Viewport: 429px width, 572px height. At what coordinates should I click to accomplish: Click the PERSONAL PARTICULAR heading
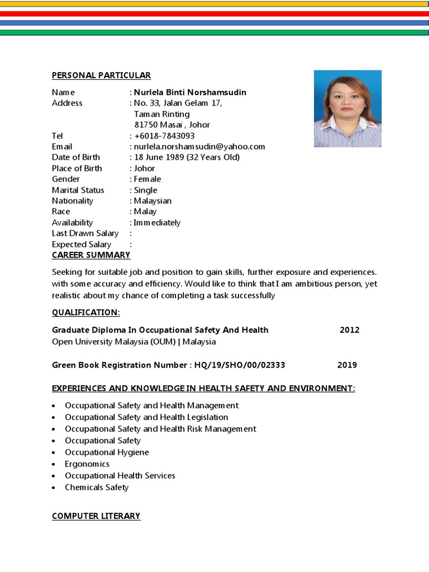tap(101, 75)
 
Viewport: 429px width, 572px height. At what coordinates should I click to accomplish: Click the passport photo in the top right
tap(347, 108)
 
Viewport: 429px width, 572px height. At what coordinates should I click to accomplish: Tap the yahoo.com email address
tap(199, 146)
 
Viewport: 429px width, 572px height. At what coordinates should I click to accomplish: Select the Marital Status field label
tap(78, 190)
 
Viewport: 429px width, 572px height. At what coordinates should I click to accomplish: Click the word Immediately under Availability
tap(157, 222)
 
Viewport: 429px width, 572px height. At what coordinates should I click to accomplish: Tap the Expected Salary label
tap(82, 244)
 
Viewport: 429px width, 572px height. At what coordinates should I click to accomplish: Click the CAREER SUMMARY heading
tap(91, 255)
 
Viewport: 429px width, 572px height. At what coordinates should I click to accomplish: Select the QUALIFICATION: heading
tap(86, 312)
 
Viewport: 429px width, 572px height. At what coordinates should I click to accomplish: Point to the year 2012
tap(350, 330)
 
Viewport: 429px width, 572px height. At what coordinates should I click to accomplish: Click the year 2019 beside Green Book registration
tap(347, 365)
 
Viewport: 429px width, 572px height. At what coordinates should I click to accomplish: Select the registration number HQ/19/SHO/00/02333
tap(240, 365)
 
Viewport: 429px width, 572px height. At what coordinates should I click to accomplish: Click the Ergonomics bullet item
tap(87, 464)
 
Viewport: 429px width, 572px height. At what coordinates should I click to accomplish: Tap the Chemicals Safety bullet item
tap(97, 488)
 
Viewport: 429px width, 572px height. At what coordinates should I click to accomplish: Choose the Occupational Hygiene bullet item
tap(107, 452)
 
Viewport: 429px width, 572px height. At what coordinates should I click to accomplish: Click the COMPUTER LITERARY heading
tap(96, 516)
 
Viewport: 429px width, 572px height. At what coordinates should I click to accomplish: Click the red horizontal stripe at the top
tap(214, 13)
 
